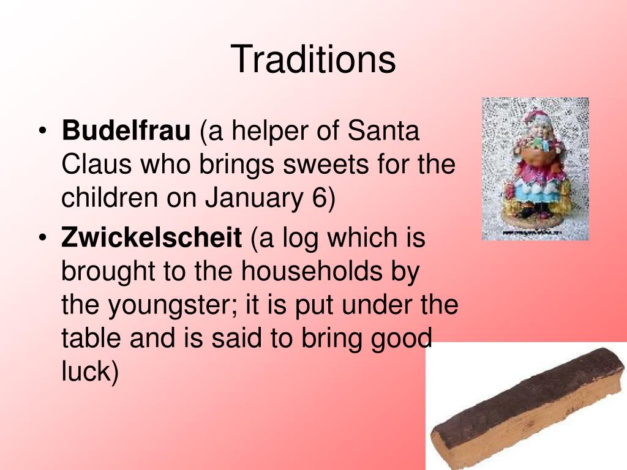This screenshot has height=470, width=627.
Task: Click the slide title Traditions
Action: point(313,59)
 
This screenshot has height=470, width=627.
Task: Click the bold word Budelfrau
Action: point(126,130)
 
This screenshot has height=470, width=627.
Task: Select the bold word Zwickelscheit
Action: point(151,237)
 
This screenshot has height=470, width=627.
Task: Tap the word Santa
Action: point(383,130)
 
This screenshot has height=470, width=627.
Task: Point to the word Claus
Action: point(96,164)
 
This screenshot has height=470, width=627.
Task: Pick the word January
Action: point(253,198)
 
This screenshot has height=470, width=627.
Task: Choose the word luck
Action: point(86,371)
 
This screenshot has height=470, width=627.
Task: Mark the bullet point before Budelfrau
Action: point(43,131)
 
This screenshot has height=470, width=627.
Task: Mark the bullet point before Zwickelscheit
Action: point(43,237)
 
